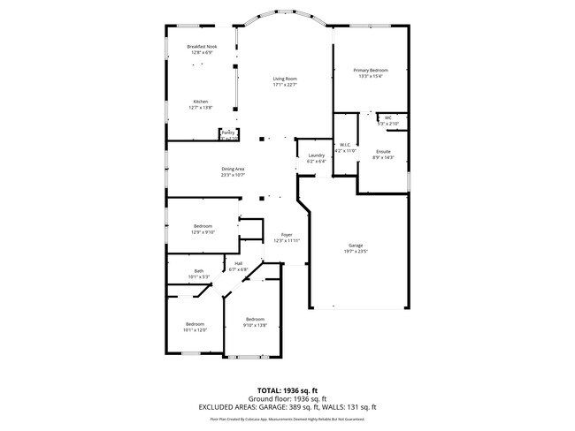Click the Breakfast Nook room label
click(201, 46)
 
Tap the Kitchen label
click(201, 102)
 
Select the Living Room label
click(284, 79)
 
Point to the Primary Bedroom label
click(370, 70)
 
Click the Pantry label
click(227, 132)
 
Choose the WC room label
click(387, 117)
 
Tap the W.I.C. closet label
click(345, 144)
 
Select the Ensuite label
click(384, 151)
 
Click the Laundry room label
click(316, 155)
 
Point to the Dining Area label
click(233, 169)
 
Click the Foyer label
click(287, 234)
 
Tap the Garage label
click(356, 245)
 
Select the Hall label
click(238, 263)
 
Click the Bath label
click(198, 271)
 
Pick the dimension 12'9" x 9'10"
click(203, 232)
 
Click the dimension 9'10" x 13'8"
click(255, 325)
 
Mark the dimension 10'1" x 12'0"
click(195, 329)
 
